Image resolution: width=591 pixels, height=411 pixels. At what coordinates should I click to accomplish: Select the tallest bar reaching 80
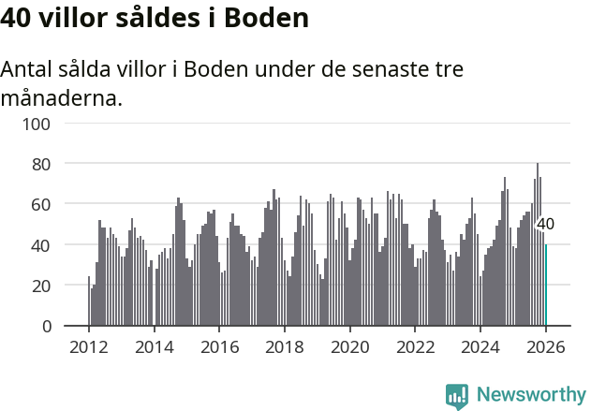point(538,245)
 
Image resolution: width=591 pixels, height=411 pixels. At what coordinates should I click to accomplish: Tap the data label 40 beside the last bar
point(545,225)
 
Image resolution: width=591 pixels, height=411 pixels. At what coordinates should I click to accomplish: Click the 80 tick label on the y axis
point(40,164)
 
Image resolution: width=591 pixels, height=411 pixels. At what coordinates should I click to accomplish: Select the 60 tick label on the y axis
point(40,204)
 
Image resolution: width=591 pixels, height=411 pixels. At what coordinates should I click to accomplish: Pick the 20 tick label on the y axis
point(40,286)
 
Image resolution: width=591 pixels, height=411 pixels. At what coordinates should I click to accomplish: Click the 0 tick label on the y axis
point(45,326)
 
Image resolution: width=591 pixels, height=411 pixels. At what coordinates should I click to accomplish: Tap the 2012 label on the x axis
point(89,347)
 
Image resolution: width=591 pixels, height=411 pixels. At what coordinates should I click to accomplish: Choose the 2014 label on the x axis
point(155,347)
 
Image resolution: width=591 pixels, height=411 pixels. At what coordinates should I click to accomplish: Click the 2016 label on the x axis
point(220,347)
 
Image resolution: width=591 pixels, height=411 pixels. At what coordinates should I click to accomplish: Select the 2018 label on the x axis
point(285,347)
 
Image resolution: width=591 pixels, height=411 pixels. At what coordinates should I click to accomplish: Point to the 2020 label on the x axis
point(350,347)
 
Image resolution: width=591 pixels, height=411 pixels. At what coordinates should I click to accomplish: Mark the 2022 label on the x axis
point(416,347)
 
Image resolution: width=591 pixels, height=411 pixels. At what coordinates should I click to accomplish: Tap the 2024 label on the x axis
point(480,347)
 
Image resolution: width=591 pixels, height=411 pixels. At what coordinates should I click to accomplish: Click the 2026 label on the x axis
point(546,347)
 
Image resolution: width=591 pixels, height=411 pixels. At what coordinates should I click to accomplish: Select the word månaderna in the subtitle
point(62,97)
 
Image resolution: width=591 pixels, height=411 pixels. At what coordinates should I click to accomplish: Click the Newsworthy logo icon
point(457,396)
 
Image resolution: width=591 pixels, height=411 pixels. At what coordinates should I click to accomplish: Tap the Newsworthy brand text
point(530,395)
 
